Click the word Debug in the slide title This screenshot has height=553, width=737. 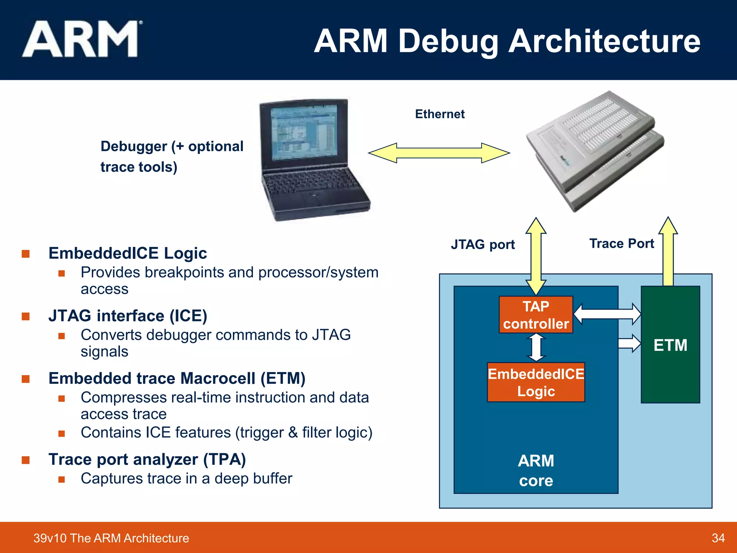448,41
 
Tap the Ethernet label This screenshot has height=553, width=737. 439,114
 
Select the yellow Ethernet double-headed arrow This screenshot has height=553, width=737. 439,153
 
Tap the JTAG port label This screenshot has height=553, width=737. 483,244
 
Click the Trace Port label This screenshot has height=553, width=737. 621,244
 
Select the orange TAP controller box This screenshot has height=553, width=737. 536,315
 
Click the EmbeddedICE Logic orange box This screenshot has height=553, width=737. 536,382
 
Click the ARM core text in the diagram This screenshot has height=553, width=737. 536,471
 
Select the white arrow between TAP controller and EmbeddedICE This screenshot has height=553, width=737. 536,347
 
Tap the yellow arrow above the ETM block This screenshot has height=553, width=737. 668,252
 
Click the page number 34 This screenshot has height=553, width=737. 718,538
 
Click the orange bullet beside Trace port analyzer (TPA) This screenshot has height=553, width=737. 26,460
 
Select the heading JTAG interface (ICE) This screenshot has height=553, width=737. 128,316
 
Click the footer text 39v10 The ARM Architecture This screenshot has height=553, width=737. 111,538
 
